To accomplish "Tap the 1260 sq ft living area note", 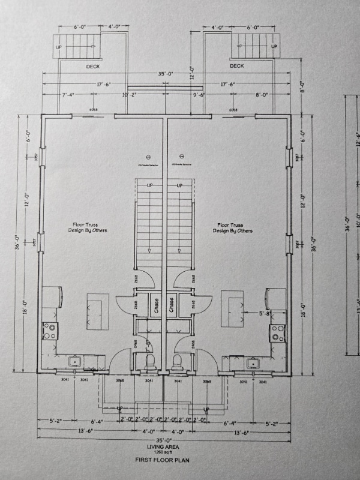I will [x=165, y=451].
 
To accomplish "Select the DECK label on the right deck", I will [x=236, y=66].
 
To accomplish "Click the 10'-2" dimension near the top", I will [x=129, y=95].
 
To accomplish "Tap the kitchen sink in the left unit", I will [x=76, y=362].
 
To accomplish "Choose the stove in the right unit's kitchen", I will [x=277, y=333].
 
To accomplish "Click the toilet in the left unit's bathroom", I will [x=150, y=362].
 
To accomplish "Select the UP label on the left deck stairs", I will [x=59, y=47].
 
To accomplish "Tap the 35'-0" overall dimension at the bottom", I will [x=165, y=440].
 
